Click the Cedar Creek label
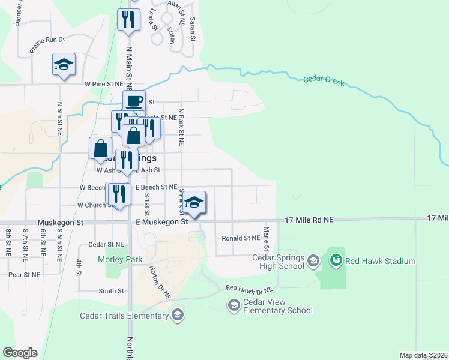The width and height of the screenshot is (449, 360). tap(324, 80)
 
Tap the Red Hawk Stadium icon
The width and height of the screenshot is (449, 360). tap(336, 260)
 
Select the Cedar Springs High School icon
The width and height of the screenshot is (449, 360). tap(313, 260)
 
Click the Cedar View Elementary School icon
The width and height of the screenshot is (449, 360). tap(234, 307)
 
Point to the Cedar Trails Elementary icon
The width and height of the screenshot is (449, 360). tap(177, 316)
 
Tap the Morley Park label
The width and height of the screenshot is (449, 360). tap(118, 259)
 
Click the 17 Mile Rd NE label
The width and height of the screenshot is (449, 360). tap(309, 220)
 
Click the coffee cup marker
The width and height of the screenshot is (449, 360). tap(134, 101)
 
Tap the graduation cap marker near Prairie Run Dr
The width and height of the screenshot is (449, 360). tap(64, 65)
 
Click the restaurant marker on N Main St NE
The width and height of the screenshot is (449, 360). tap(127, 19)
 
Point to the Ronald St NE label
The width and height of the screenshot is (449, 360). tap(240, 238)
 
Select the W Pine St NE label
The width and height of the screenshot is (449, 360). tap(104, 85)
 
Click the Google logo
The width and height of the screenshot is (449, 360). tap(19, 353)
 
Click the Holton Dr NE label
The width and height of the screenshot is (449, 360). tap(160, 283)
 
